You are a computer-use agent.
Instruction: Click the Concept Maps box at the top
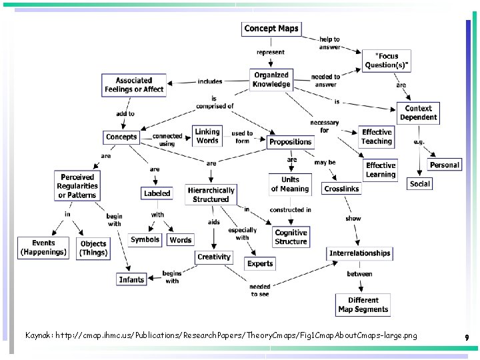tap(271, 29)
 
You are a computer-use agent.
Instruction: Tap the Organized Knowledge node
tap(271, 79)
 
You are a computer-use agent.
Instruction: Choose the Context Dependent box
tap(418, 113)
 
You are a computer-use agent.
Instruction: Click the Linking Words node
tap(207, 136)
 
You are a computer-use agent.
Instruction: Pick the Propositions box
tap(290, 142)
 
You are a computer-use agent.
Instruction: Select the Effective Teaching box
tap(377, 137)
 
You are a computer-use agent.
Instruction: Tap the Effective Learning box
tap(381, 170)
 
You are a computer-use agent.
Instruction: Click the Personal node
tap(444, 165)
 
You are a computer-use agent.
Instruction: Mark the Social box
tap(420, 183)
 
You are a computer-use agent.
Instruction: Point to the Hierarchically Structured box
tap(211, 195)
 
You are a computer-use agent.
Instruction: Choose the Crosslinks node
tap(341, 189)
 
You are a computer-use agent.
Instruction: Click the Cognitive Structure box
tap(291, 237)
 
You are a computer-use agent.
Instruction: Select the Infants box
tap(131, 279)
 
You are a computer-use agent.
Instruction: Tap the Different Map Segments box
tap(363, 305)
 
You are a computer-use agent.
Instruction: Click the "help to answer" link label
tap(329, 43)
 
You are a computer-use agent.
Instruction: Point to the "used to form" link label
tap(242, 137)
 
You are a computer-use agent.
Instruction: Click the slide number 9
tap(467, 338)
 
